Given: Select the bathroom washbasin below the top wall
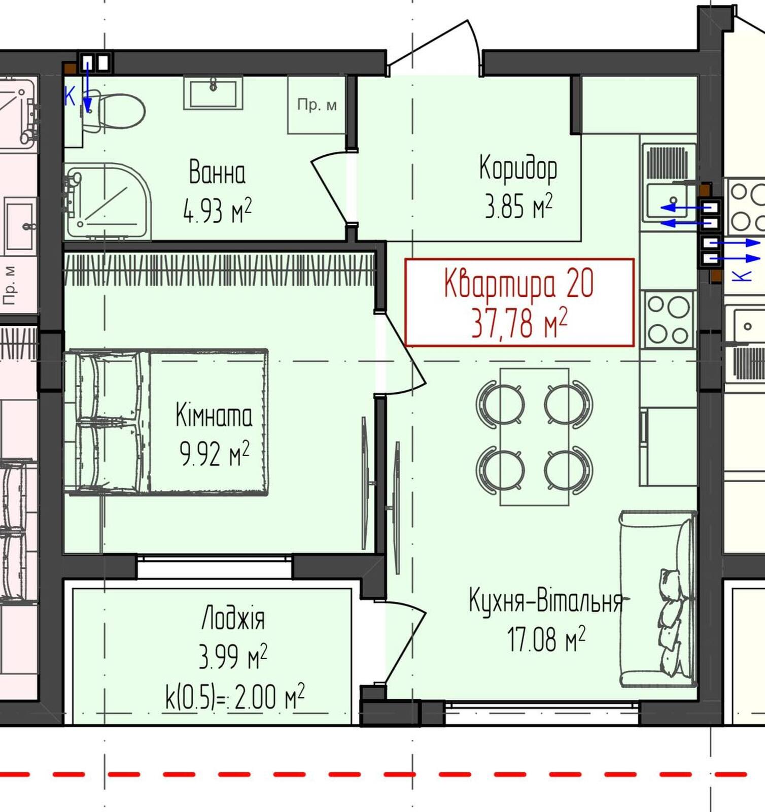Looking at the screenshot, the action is (x=213, y=92).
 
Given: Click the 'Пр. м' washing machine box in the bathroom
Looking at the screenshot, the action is (x=317, y=105).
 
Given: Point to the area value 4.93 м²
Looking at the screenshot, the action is (x=217, y=211).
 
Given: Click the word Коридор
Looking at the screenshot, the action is (x=518, y=168).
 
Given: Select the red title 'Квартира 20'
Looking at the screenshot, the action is (x=518, y=283).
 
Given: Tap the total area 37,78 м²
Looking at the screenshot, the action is (x=519, y=323).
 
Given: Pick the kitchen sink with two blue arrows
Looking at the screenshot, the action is (x=668, y=201).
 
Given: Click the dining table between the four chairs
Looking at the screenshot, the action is (x=534, y=436).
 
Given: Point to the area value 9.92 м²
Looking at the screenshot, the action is (x=215, y=453).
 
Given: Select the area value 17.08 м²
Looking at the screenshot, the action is (x=546, y=639).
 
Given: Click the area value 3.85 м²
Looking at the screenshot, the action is (x=518, y=206).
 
